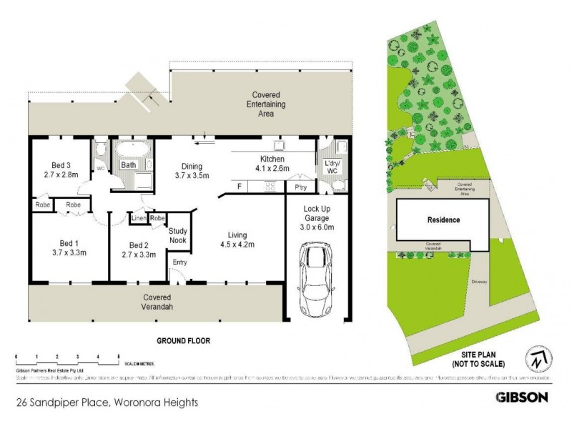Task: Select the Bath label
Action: [129, 165]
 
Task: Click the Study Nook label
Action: [178, 235]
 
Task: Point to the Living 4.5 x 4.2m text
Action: [237, 240]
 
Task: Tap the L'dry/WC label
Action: [331, 169]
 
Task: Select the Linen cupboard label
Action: [138, 217]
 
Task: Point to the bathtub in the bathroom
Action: [134, 150]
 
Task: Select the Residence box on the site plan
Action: [443, 220]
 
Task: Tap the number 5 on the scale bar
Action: [118, 355]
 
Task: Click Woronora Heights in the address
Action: [155, 403]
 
